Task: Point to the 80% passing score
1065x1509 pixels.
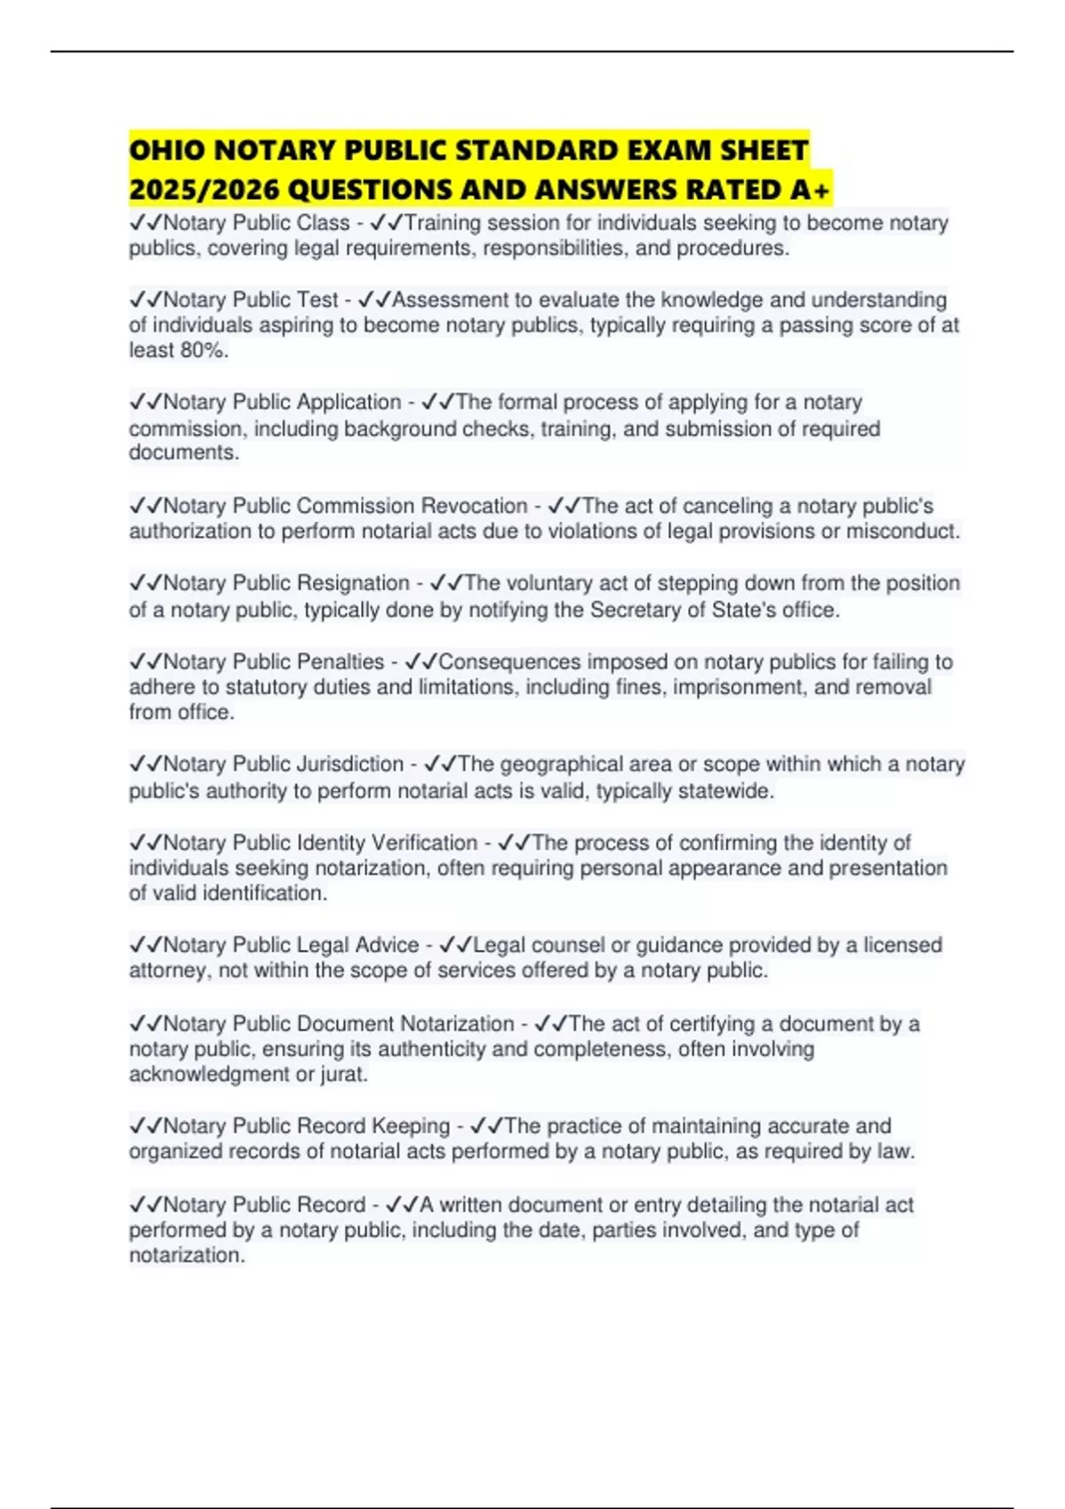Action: point(203,351)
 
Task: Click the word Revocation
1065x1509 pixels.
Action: point(474,506)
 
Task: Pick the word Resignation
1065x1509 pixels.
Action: point(352,583)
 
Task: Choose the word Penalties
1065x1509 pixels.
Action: point(340,661)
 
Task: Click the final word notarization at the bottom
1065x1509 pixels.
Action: point(185,1255)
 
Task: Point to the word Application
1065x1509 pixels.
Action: point(349,402)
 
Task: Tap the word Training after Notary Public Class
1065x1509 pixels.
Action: point(442,223)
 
